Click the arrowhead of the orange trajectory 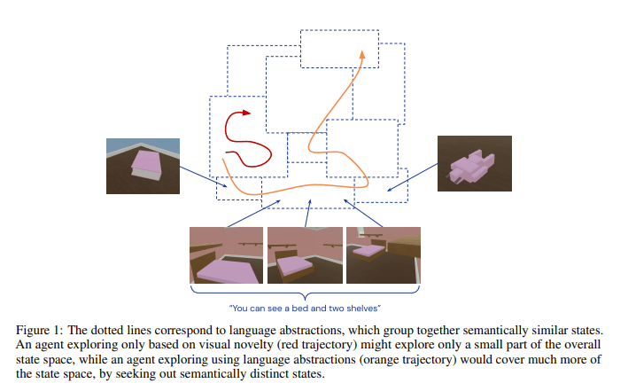(361, 55)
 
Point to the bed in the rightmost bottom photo (366, 251)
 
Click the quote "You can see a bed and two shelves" (304, 308)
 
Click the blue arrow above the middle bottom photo (307, 213)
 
